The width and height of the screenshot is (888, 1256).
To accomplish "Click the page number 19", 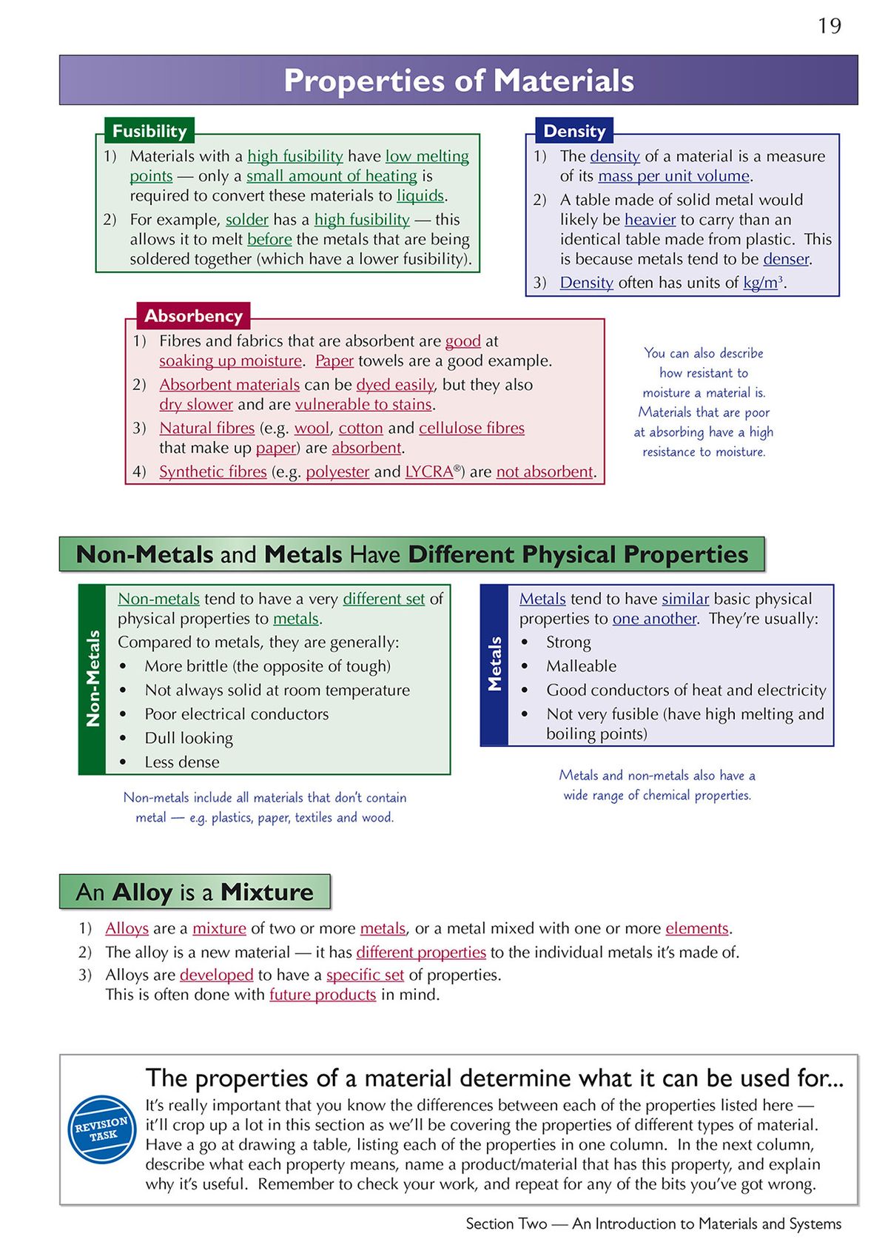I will [830, 27].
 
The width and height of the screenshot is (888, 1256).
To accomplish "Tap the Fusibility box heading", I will [149, 131].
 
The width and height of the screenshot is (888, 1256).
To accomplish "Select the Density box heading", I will [574, 131].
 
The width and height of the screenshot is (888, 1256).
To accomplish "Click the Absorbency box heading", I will [193, 316].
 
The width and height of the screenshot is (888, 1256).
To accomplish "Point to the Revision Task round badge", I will [102, 1129].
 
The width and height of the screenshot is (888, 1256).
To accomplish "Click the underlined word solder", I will [246, 220].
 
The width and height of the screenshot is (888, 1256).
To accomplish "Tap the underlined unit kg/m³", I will [763, 283].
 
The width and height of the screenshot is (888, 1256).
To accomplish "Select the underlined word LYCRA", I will [429, 472].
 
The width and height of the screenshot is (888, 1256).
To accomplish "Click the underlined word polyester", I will [337, 472].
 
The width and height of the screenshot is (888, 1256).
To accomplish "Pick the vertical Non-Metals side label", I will [92, 678].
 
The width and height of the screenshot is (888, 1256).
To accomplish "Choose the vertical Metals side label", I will [494, 664].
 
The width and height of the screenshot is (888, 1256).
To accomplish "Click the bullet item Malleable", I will [581, 666].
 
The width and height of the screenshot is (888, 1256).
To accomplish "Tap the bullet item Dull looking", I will [189, 739].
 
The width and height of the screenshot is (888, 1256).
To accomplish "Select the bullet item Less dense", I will [182, 762].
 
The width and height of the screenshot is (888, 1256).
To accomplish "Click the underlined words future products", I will [323, 995].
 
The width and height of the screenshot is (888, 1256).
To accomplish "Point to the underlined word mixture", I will [219, 929].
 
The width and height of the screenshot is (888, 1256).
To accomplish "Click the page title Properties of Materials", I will [459, 81].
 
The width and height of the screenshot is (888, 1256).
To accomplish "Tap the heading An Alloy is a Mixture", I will [195, 892].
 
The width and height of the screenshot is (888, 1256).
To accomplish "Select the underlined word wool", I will [312, 429].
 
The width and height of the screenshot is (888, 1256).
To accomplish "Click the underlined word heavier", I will [650, 220].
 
